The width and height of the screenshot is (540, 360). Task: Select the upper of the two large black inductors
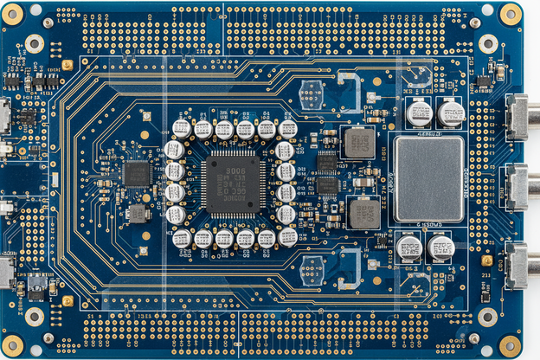point(358,142)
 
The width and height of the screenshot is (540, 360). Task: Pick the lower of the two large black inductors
point(364,212)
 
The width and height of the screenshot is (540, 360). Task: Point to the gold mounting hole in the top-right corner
point(511,14)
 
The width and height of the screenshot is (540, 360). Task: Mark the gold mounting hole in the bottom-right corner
point(511,345)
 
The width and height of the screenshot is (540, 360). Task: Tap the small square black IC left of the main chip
point(137,173)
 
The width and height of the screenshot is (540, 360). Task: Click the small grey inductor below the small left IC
point(137,214)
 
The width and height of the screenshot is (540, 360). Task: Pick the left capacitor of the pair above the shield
point(420,113)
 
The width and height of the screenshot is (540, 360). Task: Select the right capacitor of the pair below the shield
point(440,248)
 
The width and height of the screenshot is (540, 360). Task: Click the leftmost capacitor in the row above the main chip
point(182,129)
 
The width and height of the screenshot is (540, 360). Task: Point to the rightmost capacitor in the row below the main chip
point(288,237)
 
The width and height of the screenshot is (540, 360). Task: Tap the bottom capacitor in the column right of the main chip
point(286,214)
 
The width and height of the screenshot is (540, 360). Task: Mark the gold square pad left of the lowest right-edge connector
point(487,260)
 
